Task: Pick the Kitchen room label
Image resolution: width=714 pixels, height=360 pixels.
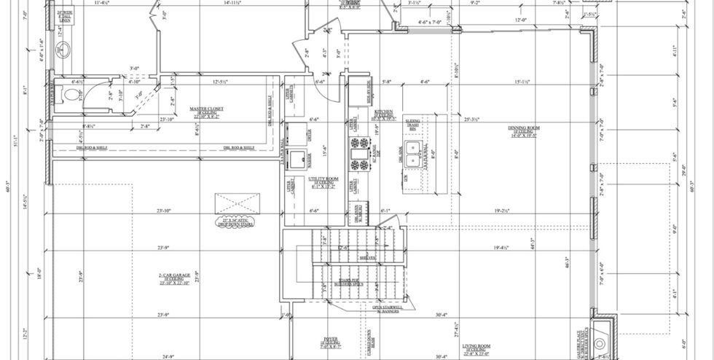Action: [384, 114]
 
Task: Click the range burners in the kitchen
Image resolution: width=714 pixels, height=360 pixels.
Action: [358, 154]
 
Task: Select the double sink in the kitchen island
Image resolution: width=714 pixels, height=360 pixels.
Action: [417, 155]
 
